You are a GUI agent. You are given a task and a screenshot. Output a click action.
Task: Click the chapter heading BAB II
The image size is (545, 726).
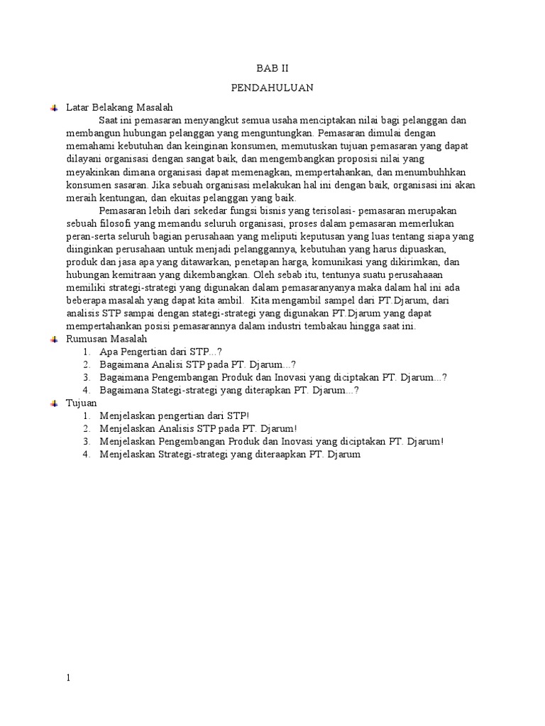click(x=272, y=68)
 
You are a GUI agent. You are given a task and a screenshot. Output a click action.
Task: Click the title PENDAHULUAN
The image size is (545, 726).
click(x=272, y=88)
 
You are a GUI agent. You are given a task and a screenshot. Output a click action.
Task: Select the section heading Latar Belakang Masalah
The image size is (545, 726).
click(x=119, y=107)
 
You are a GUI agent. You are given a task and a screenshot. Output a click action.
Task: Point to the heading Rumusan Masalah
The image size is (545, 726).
click(x=106, y=339)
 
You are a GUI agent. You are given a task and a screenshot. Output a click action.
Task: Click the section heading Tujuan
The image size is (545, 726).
click(x=81, y=403)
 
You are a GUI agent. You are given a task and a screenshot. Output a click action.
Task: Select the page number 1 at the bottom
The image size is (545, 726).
click(x=68, y=677)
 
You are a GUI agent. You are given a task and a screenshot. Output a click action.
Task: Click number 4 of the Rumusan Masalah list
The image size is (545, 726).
click(x=86, y=390)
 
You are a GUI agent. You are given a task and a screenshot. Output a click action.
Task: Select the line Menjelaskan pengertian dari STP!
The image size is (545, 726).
click(x=175, y=415)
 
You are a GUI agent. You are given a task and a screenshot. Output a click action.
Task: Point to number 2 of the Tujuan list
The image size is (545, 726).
click(x=86, y=428)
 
